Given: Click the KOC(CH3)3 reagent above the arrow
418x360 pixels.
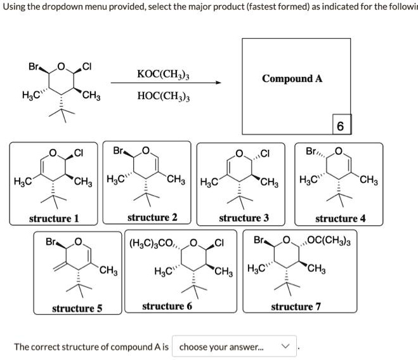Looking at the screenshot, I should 164,74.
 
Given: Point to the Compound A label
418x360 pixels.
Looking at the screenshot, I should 292,79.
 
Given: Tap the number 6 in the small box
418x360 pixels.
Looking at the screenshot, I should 340,126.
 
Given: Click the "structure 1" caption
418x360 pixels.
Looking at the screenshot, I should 55,218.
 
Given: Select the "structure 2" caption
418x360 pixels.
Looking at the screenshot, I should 152,218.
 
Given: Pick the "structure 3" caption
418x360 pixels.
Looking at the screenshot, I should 244,218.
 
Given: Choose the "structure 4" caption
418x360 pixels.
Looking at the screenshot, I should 341,218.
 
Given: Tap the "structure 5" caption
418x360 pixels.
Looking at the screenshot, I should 77,309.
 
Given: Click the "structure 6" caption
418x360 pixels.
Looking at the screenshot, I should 167,307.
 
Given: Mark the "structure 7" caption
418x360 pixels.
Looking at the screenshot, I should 296,307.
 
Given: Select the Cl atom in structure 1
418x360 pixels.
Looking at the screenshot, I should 79,152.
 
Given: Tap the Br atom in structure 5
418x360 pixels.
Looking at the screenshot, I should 53,242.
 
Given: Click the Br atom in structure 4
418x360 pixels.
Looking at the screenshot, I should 313,152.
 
